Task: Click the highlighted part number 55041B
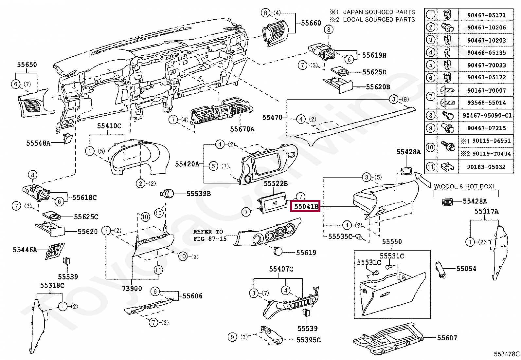click(306, 206)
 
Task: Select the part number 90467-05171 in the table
click(487, 15)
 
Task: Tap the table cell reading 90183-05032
click(486, 167)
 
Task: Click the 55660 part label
click(311, 23)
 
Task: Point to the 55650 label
click(27, 65)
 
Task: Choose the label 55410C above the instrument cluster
click(109, 126)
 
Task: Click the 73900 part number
click(132, 289)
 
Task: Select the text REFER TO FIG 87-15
click(210, 235)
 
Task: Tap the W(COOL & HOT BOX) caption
click(464, 186)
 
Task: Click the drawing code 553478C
click(507, 354)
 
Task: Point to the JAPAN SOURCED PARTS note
click(379, 12)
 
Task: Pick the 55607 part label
click(447, 338)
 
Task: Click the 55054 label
click(466, 269)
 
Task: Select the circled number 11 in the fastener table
click(431, 167)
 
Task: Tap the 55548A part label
click(38, 143)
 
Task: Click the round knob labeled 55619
click(278, 251)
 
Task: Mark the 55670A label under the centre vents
click(242, 129)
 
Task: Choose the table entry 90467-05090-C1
click(487, 116)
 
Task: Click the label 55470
click(272, 118)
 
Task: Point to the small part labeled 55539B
click(168, 194)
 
